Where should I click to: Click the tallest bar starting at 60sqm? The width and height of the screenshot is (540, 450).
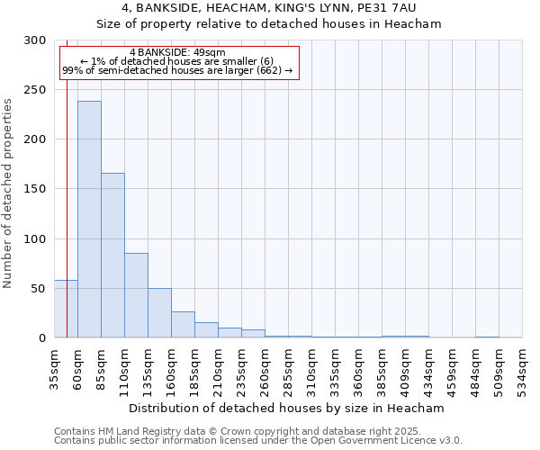(89, 220)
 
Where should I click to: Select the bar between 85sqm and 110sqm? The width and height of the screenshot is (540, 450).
(112, 256)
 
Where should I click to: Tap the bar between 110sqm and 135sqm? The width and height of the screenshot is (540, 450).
(136, 295)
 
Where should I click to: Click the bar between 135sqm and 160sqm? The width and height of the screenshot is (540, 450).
(159, 312)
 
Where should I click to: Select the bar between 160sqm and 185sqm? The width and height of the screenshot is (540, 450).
(183, 324)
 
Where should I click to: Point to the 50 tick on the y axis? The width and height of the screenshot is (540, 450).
(39, 289)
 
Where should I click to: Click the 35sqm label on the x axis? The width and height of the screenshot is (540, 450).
(55, 368)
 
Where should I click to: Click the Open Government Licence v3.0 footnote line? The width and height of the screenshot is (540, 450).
(258, 440)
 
